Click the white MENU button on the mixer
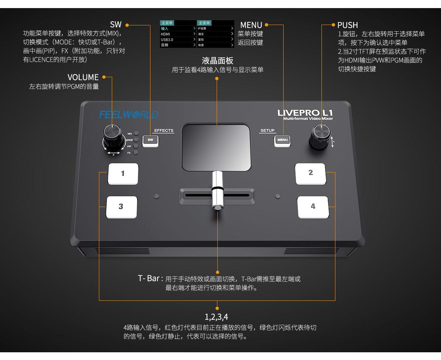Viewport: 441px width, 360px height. click(282, 140)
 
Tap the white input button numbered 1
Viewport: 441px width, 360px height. click(123, 174)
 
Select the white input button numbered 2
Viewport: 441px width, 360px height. click(311, 173)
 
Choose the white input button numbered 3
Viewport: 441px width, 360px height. click(121, 207)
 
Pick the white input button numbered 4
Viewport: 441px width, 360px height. click(313, 207)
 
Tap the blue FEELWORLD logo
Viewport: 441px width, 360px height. click(128, 115)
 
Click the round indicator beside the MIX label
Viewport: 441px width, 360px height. click(136, 133)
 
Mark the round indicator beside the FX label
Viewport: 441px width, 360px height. click(136, 153)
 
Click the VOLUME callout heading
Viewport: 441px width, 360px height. click(83, 77)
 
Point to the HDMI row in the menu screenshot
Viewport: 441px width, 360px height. click(178, 34)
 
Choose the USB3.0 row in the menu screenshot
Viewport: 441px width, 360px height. click(178, 39)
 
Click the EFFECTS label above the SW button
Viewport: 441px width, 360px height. click(163, 131)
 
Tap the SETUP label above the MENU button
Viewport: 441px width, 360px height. click(267, 131)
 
